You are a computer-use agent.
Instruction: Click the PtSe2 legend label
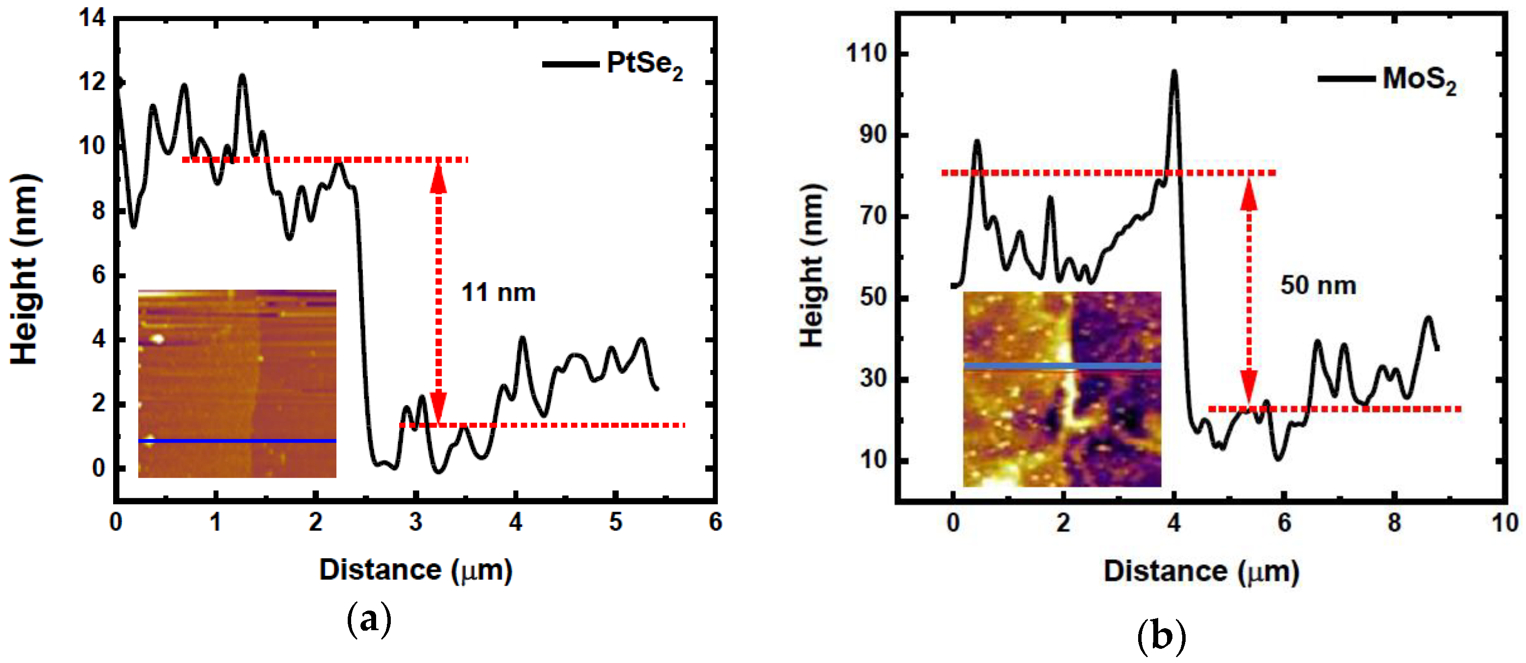coord(644,65)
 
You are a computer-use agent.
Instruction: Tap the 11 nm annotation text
coord(498,293)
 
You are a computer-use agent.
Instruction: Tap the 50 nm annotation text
coord(1318,286)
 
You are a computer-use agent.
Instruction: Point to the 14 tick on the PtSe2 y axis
coord(93,18)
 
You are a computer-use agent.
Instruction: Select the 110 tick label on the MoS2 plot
coord(866,54)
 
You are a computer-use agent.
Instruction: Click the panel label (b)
coord(1161,637)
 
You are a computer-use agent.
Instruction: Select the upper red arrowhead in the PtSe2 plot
coord(438,178)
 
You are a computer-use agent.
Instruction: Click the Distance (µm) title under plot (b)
coord(1201,572)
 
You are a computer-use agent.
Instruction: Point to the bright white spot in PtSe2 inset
coord(157,339)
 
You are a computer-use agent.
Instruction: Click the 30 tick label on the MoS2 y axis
coord(873,379)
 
